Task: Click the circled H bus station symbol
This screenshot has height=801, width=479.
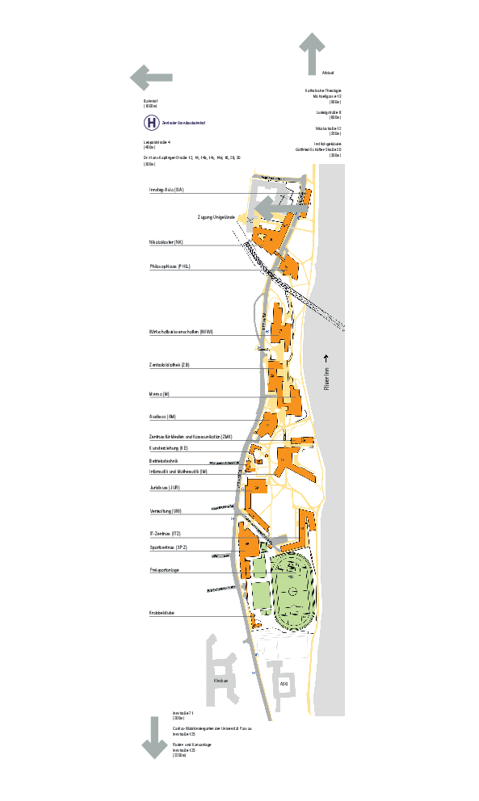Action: pos(152,123)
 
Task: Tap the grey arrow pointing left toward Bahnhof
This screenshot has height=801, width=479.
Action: pos(151,78)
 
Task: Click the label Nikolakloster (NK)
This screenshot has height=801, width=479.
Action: pos(166,241)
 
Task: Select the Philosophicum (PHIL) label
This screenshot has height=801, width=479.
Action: pos(170,266)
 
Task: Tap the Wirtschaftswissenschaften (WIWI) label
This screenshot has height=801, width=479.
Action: pos(180,332)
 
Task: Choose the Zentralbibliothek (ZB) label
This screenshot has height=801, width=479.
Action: pos(170,365)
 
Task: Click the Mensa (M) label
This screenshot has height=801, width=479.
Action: pos(159,394)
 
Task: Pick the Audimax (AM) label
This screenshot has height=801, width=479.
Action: pos(162,417)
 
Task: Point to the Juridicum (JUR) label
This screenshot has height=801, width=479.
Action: pos(164,488)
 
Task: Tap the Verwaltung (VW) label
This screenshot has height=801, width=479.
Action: pos(165,511)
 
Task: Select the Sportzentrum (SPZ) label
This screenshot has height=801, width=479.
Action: pos(168,547)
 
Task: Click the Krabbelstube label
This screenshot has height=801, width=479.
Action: pos(162,614)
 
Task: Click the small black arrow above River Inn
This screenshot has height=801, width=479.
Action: pos(327,357)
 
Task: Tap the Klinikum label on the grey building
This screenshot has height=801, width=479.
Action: pos(221,681)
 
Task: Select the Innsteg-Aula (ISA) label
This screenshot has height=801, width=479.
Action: pos(167,190)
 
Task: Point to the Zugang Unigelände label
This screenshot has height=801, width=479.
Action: pos(216,217)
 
